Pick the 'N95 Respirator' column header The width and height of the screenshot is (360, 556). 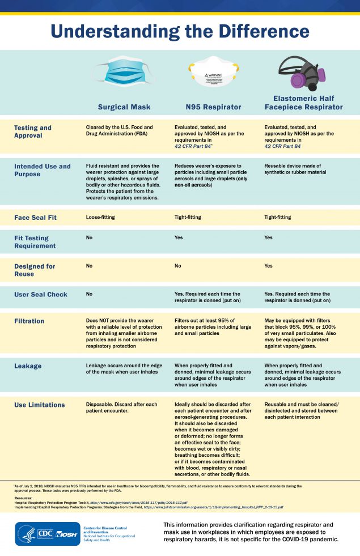(x=213, y=107)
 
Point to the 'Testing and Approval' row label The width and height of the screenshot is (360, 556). (x=33, y=131)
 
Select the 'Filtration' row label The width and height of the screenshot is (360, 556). (x=29, y=321)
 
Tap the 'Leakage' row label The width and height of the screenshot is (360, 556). (x=28, y=366)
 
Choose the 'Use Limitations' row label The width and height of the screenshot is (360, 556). (x=39, y=405)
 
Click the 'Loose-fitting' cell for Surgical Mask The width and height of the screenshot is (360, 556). (x=101, y=217)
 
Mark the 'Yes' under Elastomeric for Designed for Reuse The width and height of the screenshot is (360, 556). (x=269, y=266)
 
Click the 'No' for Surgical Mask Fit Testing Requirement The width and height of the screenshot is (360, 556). (x=89, y=238)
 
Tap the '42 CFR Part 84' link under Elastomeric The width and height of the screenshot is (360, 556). (x=283, y=146)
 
